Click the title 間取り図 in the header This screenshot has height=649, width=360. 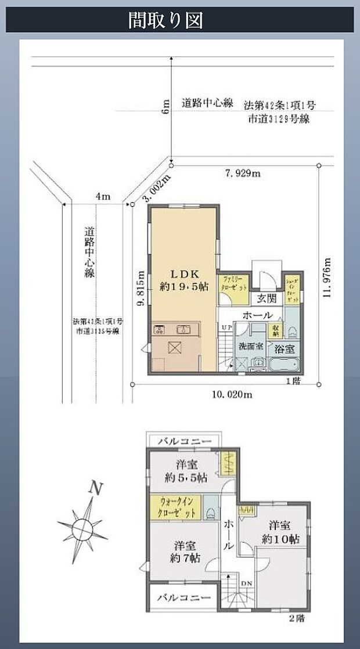pos(165,21)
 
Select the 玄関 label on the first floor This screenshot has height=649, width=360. pos(267,298)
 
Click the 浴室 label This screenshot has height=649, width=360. pos(285,349)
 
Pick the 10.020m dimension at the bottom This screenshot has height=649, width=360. pos(231,395)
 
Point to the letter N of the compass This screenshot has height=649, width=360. pos(92,489)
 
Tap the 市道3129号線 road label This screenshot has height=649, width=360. pos(279,120)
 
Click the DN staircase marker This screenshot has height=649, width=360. pos(246,583)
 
